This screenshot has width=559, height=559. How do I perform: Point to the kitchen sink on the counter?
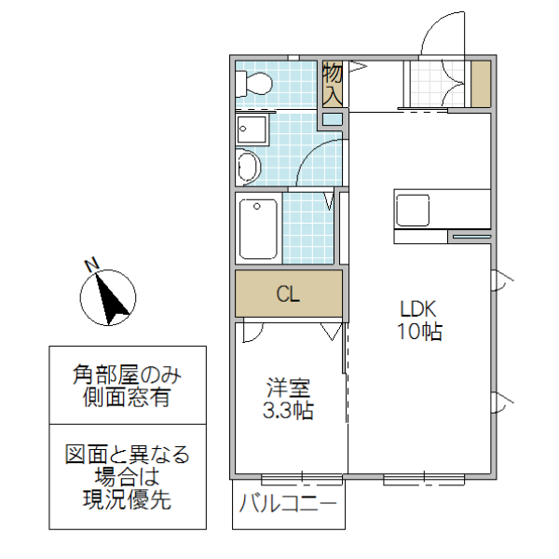(412, 210)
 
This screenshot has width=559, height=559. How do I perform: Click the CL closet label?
(288, 295)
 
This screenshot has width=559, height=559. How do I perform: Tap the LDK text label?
(418, 309)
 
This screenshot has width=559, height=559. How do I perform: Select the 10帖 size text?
(419, 331)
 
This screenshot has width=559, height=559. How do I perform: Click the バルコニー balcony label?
(288, 507)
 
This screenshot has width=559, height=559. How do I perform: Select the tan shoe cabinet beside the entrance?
(480, 84)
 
